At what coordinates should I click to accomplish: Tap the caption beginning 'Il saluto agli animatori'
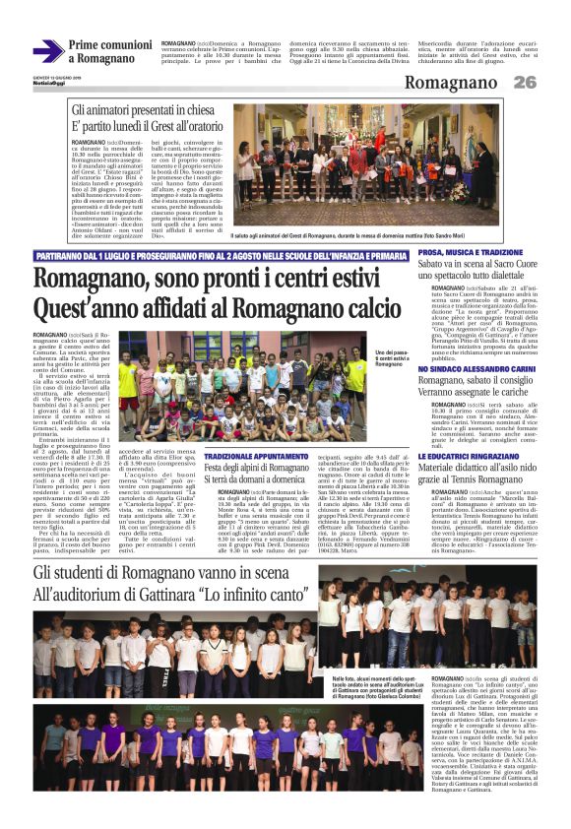331,236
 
